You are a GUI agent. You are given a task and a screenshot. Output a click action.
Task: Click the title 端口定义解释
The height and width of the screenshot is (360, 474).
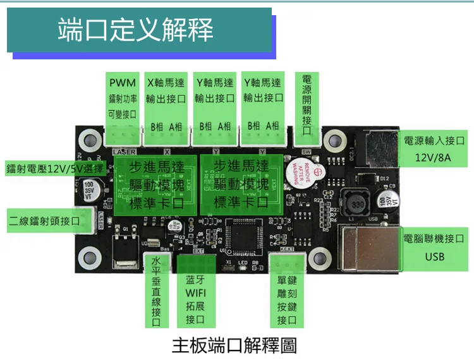[x=136, y=30]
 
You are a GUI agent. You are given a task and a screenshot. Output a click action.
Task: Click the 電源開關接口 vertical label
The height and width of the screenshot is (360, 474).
[x=307, y=105]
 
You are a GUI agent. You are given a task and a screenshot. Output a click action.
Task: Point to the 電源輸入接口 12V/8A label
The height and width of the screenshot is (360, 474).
[x=434, y=148]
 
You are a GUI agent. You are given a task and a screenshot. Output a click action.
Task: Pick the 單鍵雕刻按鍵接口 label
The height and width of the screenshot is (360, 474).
[x=286, y=300]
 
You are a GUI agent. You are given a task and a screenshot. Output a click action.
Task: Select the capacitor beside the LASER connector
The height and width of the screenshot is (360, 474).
[x=90, y=191]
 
